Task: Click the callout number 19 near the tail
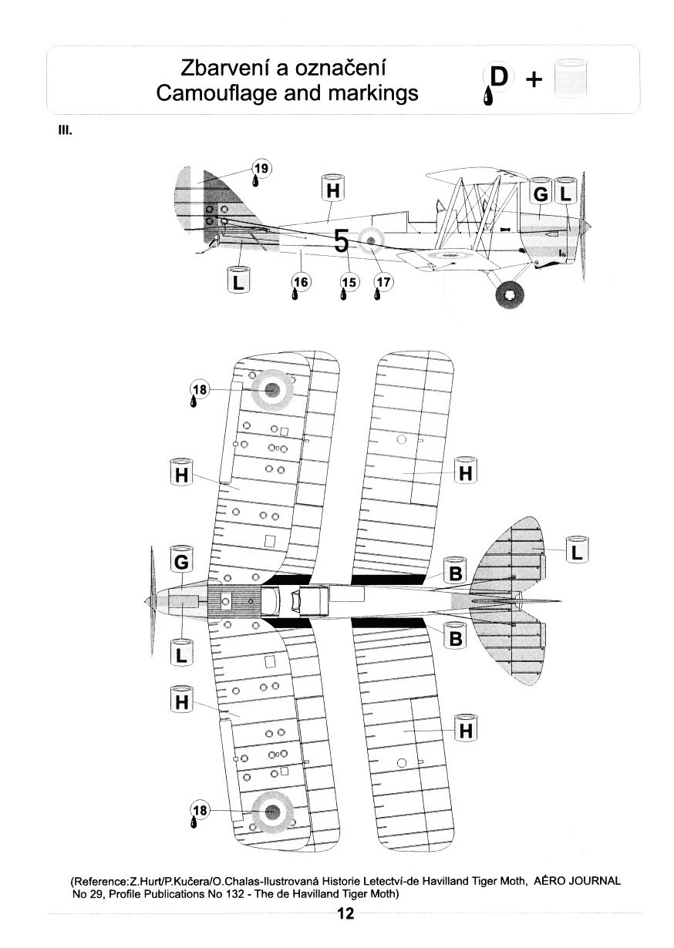(262, 167)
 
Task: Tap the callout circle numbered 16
(299, 282)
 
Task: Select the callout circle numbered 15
(349, 282)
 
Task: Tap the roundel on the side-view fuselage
(372, 241)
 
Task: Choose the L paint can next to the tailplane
(576, 552)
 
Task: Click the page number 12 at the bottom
(345, 915)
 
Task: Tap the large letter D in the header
(500, 77)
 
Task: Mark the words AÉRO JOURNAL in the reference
(577, 881)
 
